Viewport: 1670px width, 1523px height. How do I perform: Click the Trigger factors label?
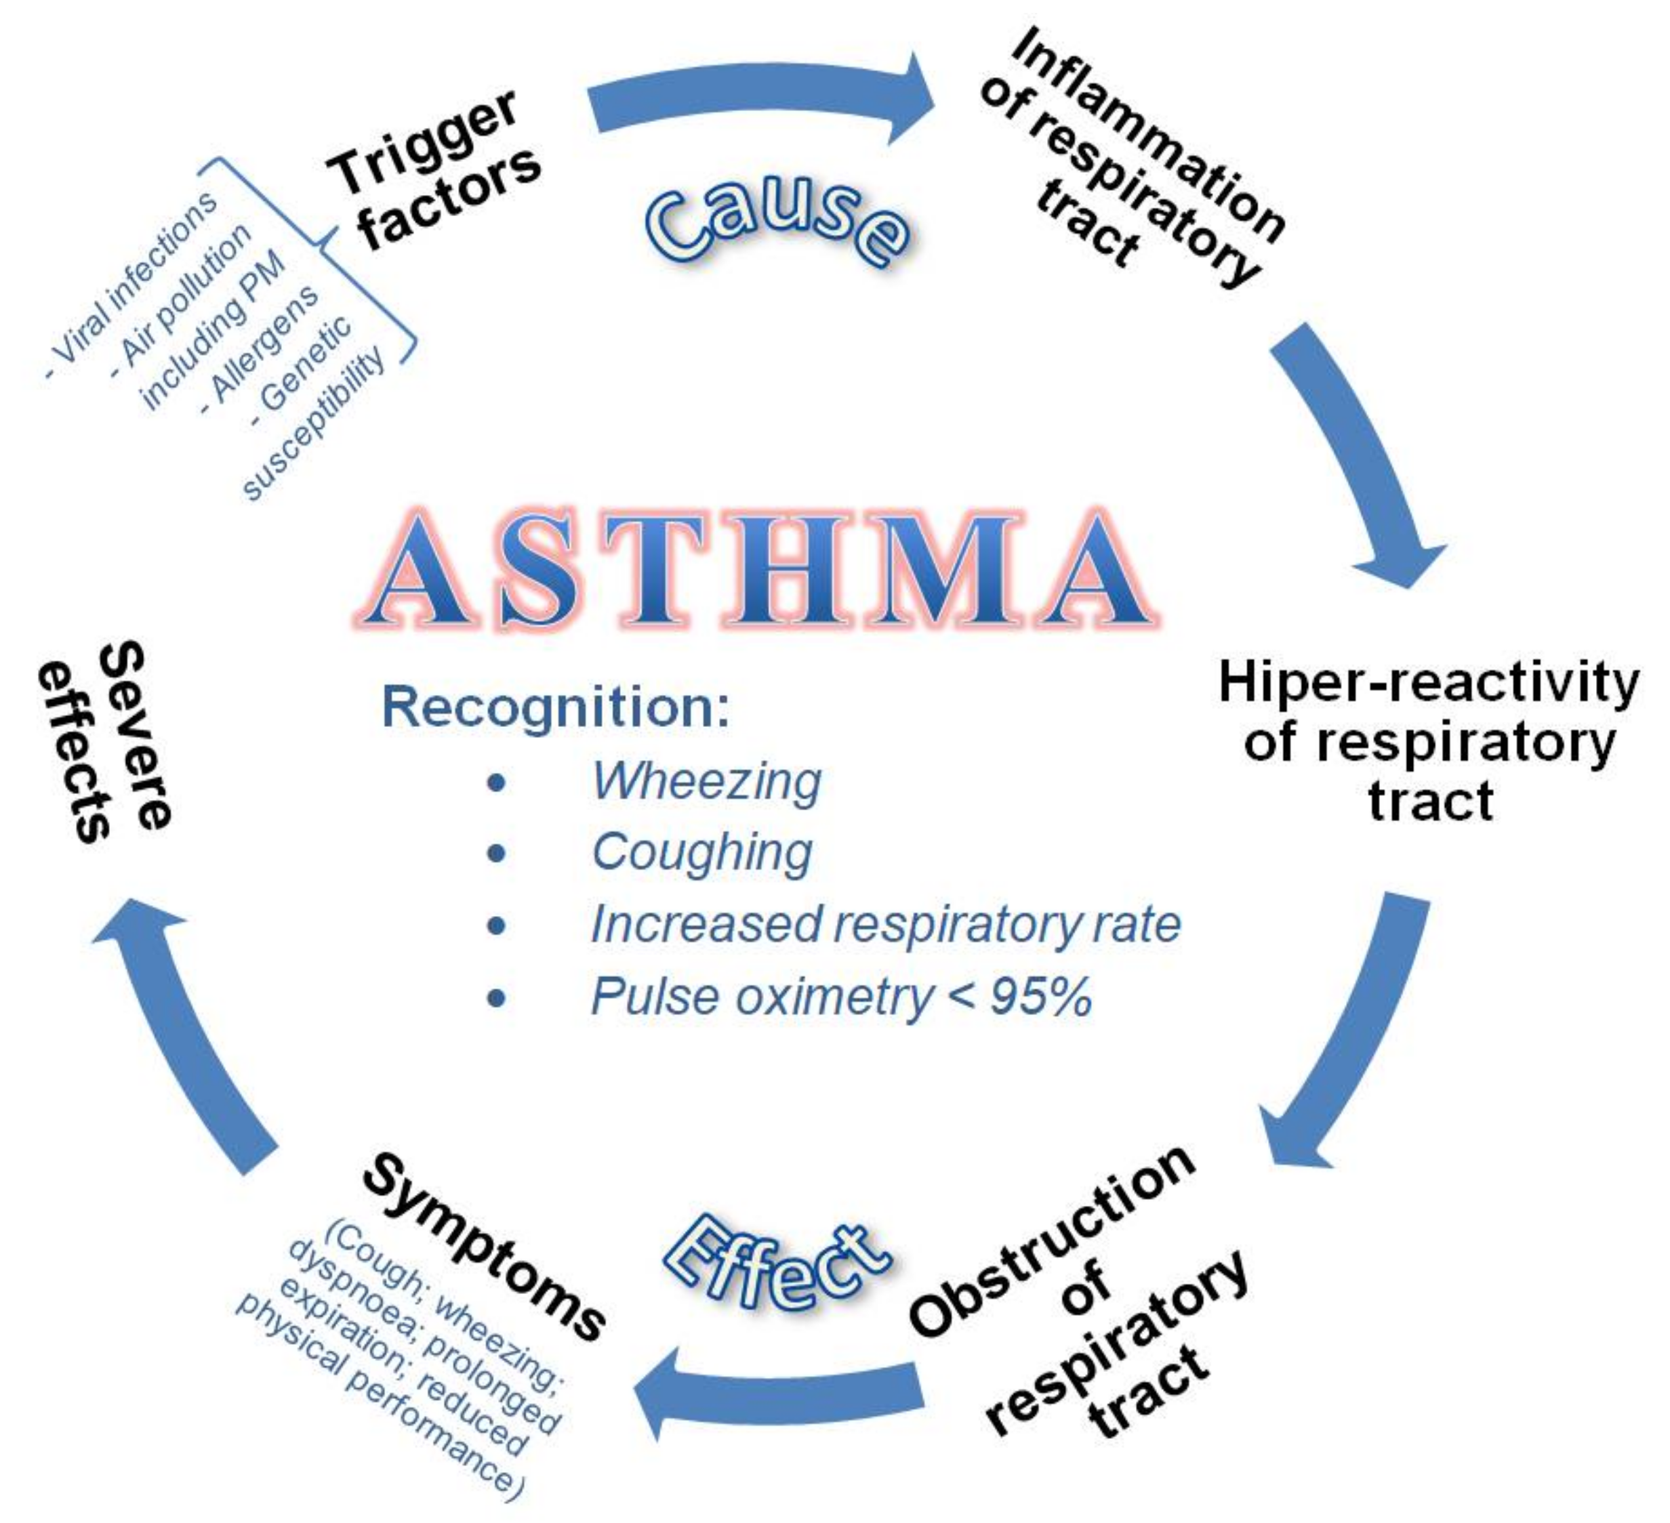tap(435, 171)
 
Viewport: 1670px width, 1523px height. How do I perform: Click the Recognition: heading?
tap(555, 708)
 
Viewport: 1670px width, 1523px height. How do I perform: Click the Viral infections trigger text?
tap(133, 286)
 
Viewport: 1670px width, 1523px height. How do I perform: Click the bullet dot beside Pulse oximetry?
tap(496, 998)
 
